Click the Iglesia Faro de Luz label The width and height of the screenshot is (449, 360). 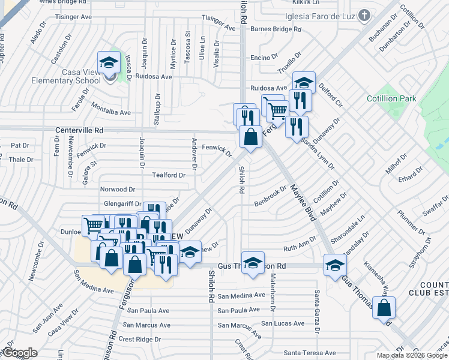click(x=318, y=15)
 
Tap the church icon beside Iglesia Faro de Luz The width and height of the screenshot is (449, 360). click(x=364, y=15)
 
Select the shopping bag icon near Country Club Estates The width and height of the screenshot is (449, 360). click(x=384, y=308)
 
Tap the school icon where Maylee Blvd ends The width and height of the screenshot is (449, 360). click(x=334, y=265)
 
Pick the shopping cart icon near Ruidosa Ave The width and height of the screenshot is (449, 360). click(x=277, y=109)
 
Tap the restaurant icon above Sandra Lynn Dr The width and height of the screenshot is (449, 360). click(x=296, y=127)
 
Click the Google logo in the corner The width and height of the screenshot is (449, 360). click(x=20, y=353)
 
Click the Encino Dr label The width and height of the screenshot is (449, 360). click(x=264, y=58)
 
